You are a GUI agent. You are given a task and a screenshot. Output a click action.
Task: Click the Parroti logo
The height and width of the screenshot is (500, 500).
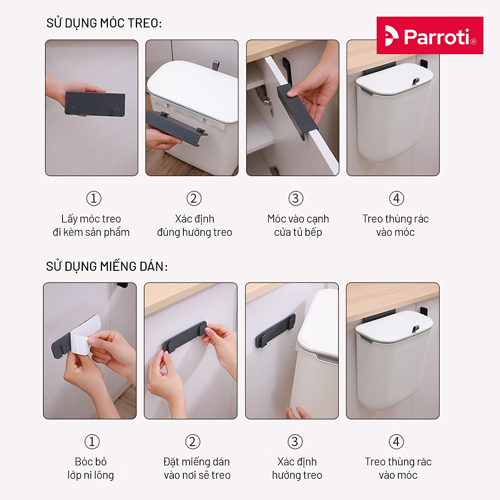point(430,36)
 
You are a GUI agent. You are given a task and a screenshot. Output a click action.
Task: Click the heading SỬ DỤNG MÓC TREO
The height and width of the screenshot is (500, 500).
point(104,23)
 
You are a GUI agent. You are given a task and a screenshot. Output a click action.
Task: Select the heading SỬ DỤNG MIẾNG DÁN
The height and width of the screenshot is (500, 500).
point(107,266)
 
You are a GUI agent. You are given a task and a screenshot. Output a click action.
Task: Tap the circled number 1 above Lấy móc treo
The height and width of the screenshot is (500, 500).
point(94,198)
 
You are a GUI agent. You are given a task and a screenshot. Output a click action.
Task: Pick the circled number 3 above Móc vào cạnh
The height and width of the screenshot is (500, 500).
point(296,198)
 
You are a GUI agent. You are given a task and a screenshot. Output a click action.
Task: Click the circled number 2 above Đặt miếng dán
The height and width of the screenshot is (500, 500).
point(192,442)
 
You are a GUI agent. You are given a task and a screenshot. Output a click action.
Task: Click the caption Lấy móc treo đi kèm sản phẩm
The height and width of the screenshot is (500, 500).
point(91,225)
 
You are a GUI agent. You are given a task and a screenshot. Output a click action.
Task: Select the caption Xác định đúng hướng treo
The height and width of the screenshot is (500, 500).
point(195,225)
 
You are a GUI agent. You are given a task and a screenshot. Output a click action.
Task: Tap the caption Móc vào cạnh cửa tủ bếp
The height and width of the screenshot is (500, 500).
point(298,225)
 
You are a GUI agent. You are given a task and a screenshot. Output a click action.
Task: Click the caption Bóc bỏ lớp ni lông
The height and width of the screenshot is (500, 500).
point(91,468)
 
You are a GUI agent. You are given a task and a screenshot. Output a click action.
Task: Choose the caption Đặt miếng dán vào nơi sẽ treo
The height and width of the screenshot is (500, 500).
point(197,468)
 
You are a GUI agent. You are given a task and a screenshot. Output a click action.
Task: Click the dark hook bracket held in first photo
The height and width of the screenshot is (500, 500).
point(95,104)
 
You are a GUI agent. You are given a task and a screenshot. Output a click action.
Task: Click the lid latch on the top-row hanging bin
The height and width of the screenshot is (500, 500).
point(415,81)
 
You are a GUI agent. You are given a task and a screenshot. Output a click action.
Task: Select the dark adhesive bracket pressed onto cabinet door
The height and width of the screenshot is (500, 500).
point(184,337)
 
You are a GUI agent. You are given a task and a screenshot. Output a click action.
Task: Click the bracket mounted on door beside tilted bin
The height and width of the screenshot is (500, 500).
point(275,331)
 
